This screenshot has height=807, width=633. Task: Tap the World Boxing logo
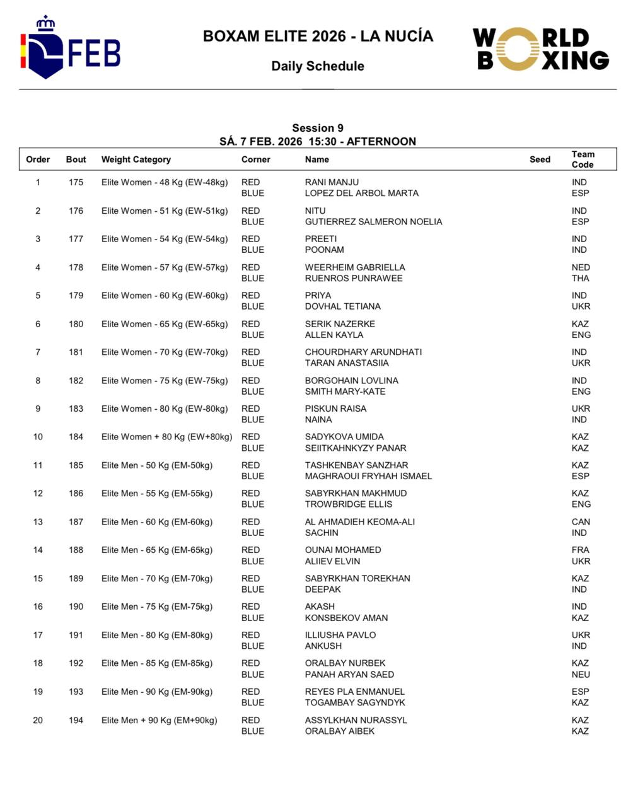click(x=541, y=49)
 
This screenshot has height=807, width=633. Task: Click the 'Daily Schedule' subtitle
click(x=318, y=66)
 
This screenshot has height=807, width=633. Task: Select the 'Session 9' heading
click(x=318, y=128)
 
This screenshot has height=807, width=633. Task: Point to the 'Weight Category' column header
click(x=136, y=160)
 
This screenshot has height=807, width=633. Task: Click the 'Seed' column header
click(x=540, y=160)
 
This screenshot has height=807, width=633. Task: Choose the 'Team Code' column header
click(x=583, y=160)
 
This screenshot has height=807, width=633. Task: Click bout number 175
click(x=76, y=182)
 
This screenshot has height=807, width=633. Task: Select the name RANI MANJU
click(x=332, y=182)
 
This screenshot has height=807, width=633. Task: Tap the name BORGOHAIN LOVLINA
click(x=352, y=381)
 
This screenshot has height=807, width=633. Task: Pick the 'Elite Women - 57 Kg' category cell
click(x=165, y=267)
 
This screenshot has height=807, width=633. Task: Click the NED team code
click(x=581, y=267)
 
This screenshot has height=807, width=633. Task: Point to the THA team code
click(x=581, y=278)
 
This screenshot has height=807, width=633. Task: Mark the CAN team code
click(x=581, y=522)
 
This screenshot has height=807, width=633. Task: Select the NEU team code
click(x=581, y=675)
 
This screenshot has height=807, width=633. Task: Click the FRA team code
click(x=580, y=550)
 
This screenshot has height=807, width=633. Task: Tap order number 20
click(x=38, y=720)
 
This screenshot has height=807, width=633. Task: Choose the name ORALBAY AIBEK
click(x=340, y=731)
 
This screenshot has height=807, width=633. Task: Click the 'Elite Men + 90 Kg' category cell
click(x=159, y=720)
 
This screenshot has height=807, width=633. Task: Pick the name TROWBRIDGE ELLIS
click(x=349, y=504)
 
